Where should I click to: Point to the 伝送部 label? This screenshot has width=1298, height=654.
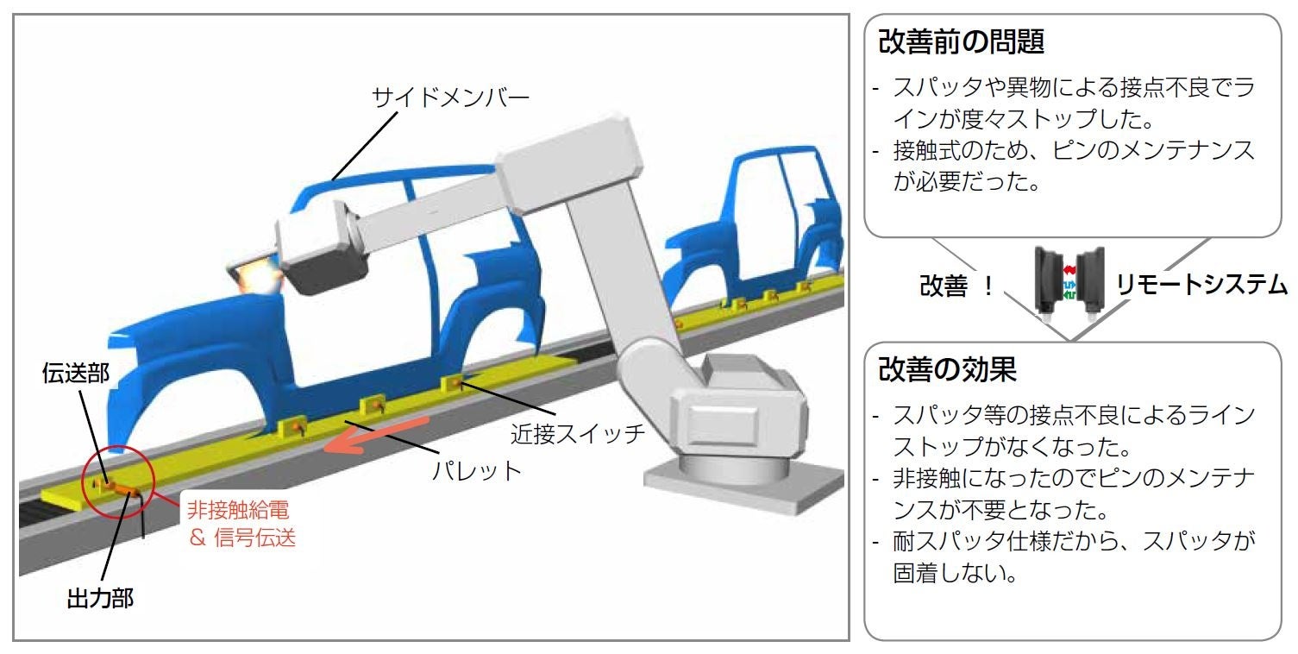[75, 373]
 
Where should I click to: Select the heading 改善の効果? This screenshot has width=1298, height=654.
[948, 369]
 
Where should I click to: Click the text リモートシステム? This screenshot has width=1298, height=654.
[1201, 286]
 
